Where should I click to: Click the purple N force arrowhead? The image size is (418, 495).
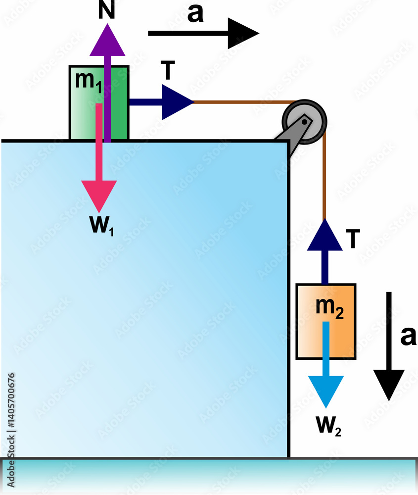point(107,40)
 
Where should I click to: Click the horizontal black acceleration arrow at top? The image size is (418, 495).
point(203,33)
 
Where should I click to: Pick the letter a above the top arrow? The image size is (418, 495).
point(195,15)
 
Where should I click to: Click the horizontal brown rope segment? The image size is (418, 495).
point(237,102)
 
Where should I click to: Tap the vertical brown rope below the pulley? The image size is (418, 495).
point(325,178)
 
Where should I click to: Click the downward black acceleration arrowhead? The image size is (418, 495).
point(389,384)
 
